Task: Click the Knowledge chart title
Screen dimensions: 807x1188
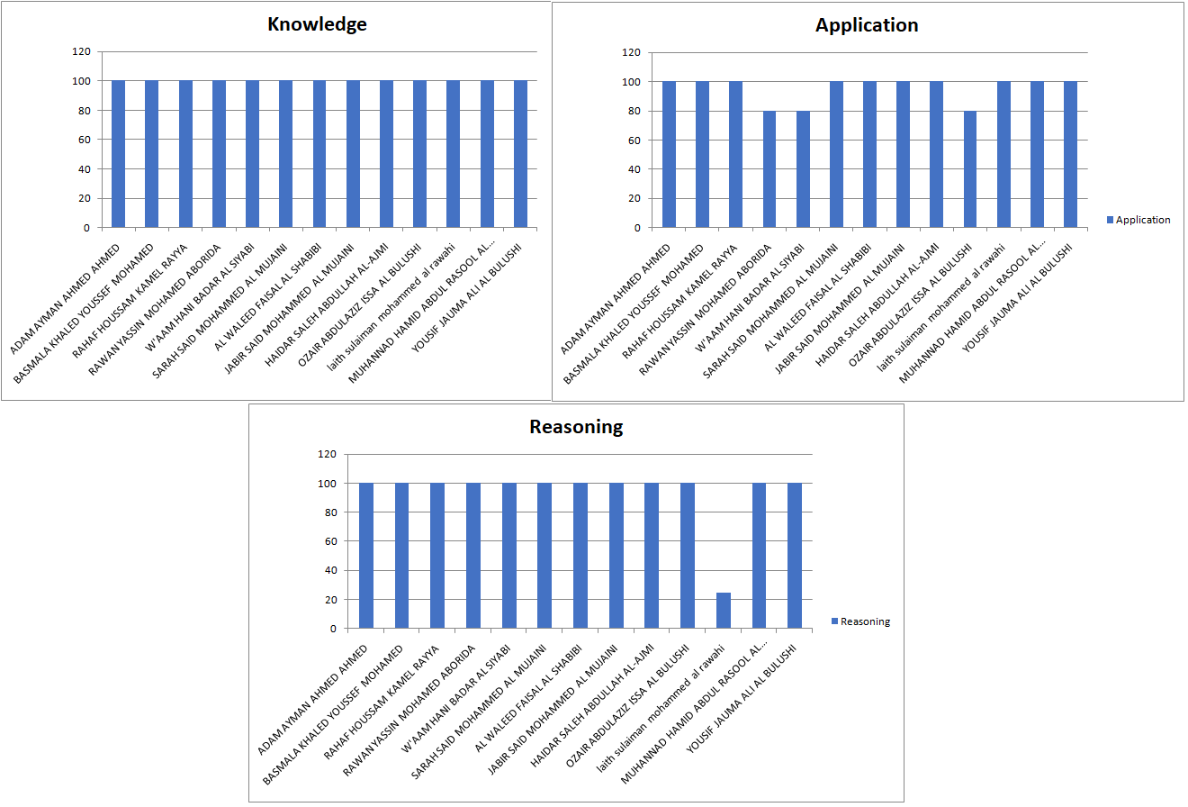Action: (x=317, y=24)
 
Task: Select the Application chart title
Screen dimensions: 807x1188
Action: (x=867, y=25)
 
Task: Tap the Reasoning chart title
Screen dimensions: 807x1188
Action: (x=576, y=427)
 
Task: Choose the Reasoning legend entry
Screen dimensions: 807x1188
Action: (x=865, y=621)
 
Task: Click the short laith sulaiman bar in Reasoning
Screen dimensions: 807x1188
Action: (x=724, y=611)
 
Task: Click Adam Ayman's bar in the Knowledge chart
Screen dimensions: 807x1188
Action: (x=118, y=154)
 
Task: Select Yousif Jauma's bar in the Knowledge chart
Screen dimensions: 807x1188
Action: (x=520, y=154)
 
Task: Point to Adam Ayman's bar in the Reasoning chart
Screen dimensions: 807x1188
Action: (x=366, y=556)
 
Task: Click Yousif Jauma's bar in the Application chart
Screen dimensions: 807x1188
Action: (x=1070, y=155)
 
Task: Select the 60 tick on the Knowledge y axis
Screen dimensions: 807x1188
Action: (x=84, y=140)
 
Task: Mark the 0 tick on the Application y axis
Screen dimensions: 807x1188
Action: (x=637, y=228)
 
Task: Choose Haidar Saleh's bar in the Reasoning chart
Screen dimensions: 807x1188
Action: (x=652, y=556)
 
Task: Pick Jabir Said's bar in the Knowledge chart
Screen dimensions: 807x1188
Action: (x=353, y=154)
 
